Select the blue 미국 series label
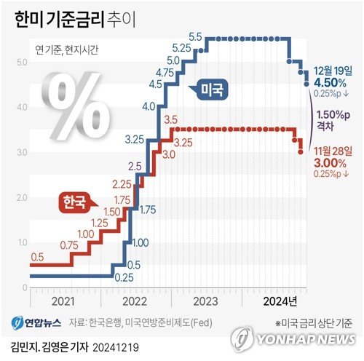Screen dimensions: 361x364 (x=211, y=90)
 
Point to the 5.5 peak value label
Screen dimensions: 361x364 (x=195, y=36)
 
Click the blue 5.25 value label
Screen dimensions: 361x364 (x=182, y=47)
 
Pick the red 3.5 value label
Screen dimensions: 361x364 (x=172, y=119)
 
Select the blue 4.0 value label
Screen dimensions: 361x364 (x=149, y=107)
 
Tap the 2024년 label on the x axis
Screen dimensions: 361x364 (x=280, y=298)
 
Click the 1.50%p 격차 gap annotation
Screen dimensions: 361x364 (x=334, y=119)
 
